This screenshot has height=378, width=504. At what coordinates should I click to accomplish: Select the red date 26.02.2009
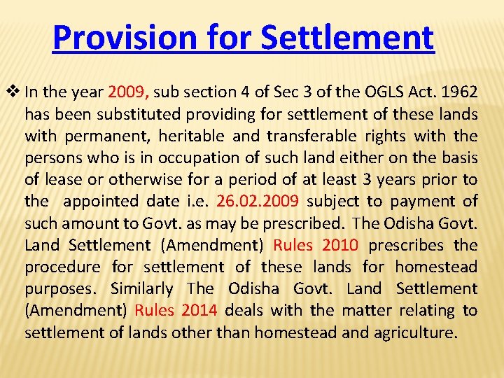coord(258,201)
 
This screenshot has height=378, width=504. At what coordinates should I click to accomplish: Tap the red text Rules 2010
coord(316,245)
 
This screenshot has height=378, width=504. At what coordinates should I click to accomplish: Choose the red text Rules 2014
coord(176,310)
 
